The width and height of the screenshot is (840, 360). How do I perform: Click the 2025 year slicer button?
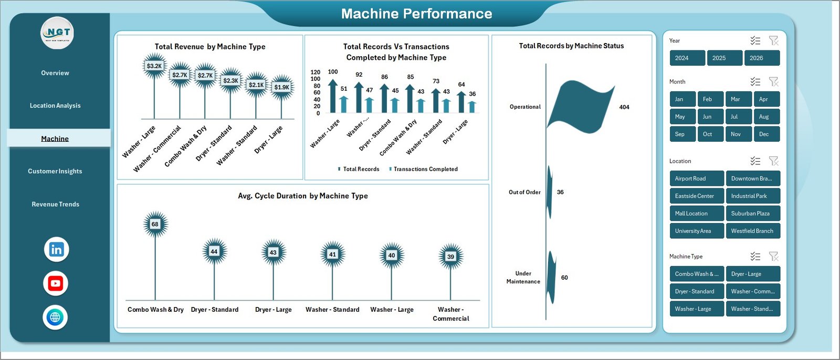click(x=724, y=58)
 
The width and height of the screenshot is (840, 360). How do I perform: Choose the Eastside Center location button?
click(x=696, y=196)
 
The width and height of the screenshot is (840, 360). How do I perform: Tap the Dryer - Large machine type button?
click(x=752, y=274)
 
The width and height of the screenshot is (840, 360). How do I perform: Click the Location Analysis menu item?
click(x=55, y=105)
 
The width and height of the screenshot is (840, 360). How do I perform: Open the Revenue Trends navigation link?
click(x=55, y=204)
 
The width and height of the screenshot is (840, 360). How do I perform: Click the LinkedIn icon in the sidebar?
click(x=56, y=250)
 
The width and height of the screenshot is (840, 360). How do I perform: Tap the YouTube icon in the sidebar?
click(x=56, y=284)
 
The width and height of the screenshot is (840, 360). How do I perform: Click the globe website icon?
click(x=55, y=317)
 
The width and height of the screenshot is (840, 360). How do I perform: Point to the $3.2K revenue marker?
click(x=154, y=66)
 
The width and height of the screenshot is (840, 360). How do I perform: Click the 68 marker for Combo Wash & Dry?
click(x=155, y=224)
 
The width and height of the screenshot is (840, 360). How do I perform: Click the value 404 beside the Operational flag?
click(x=624, y=107)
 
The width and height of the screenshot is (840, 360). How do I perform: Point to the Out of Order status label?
click(x=524, y=192)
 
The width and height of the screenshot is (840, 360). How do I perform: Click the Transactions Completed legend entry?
click(x=425, y=169)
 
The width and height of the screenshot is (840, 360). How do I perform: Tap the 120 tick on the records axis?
click(x=315, y=72)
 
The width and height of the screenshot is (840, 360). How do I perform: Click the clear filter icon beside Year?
click(x=773, y=40)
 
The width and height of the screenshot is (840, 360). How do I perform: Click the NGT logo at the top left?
click(x=58, y=33)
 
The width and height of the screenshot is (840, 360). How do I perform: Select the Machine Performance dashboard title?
click(x=416, y=14)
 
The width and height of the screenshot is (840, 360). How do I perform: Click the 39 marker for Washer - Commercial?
click(x=450, y=257)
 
